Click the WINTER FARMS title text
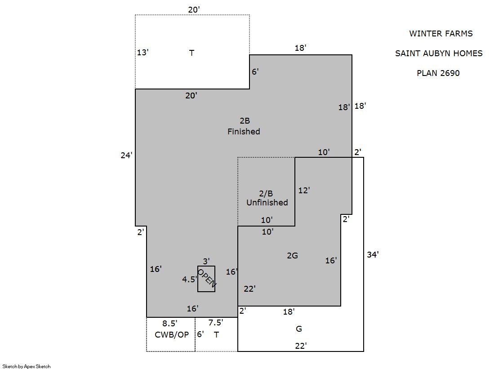point(441,34)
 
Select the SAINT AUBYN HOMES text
point(439,53)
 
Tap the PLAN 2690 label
point(438,73)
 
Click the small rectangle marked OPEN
point(206,279)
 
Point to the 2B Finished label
point(244,126)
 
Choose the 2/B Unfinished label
point(267,198)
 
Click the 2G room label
point(292,255)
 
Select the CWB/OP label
point(172,335)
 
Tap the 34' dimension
point(373,254)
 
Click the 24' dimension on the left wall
point(126,156)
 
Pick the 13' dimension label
point(143,52)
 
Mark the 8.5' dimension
point(170,323)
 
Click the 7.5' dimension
point(216,322)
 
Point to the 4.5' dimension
point(190,279)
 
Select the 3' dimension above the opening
point(206,261)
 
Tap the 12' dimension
point(304,190)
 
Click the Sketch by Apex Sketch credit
point(27,366)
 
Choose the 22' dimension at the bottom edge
point(301,346)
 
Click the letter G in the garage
point(298,329)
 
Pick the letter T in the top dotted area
point(191,53)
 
